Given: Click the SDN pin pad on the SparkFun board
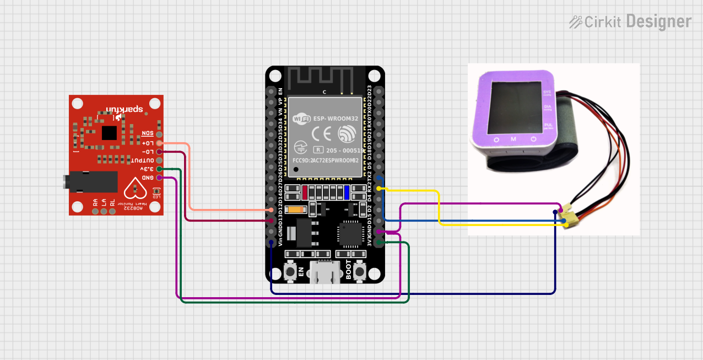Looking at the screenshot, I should [159, 134].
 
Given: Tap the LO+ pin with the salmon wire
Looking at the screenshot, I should [159, 143].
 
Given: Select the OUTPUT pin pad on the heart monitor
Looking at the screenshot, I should [159, 160].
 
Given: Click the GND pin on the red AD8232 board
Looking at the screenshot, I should [159, 178].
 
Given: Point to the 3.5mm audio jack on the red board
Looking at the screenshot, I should [88, 181].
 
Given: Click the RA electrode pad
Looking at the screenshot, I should [95, 211].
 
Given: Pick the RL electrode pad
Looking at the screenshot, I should [113, 211].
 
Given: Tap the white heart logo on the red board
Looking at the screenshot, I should [135, 189].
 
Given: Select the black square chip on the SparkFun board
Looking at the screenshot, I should [110, 132].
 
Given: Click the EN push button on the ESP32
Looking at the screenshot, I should [289, 271].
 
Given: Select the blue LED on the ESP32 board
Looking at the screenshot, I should [347, 192].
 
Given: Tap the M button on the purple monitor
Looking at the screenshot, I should [513, 139].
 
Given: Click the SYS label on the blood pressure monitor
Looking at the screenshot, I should [547, 92].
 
